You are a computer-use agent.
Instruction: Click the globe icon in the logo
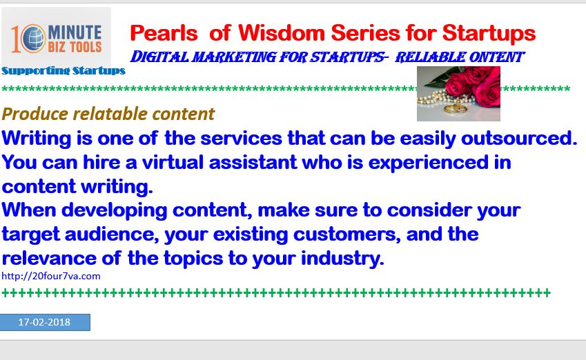[33, 39]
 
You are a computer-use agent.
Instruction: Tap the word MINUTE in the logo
[75, 32]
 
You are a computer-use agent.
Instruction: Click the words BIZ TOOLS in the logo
[75, 47]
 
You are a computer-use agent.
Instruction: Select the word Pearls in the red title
[164, 33]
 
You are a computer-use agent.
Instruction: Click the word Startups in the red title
[489, 34]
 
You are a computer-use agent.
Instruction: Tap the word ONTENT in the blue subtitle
[497, 57]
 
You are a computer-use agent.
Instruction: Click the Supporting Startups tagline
[64, 71]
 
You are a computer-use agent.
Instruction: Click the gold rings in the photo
[455, 109]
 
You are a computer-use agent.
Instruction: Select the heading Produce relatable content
[108, 114]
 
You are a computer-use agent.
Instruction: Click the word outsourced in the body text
[519, 138]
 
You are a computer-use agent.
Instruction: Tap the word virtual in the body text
[173, 163]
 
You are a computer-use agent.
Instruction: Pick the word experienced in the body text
[429, 163]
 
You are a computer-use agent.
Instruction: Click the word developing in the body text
[114, 210]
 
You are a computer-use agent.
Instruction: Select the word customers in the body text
[346, 235]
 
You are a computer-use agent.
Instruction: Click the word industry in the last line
[342, 259]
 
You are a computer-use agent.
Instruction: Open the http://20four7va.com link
[51, 276]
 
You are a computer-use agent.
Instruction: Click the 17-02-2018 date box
[45, 322]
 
